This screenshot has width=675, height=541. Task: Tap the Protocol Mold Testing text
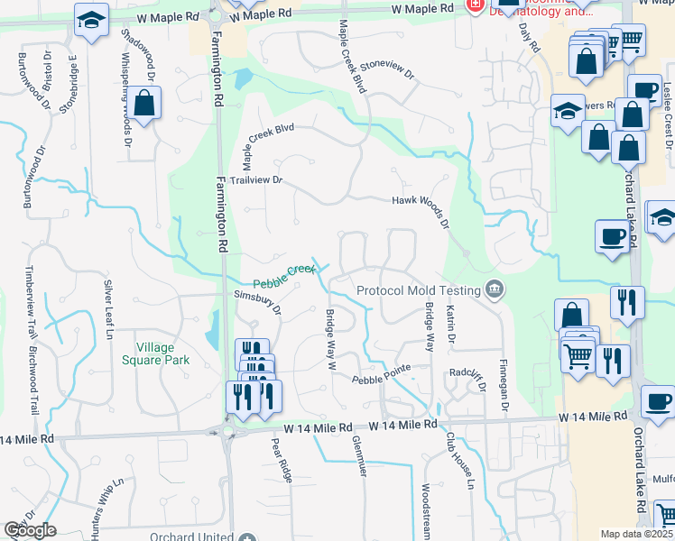[x=419, y=290]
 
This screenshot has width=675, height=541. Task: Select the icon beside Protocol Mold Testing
[x=495, y=289]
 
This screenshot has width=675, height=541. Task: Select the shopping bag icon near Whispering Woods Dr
[x=143, y=104]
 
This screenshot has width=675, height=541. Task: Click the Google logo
[x=29, y=530]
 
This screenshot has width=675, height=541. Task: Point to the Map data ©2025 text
[x=637, y=534]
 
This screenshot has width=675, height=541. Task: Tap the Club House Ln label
[x=460, y=460]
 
